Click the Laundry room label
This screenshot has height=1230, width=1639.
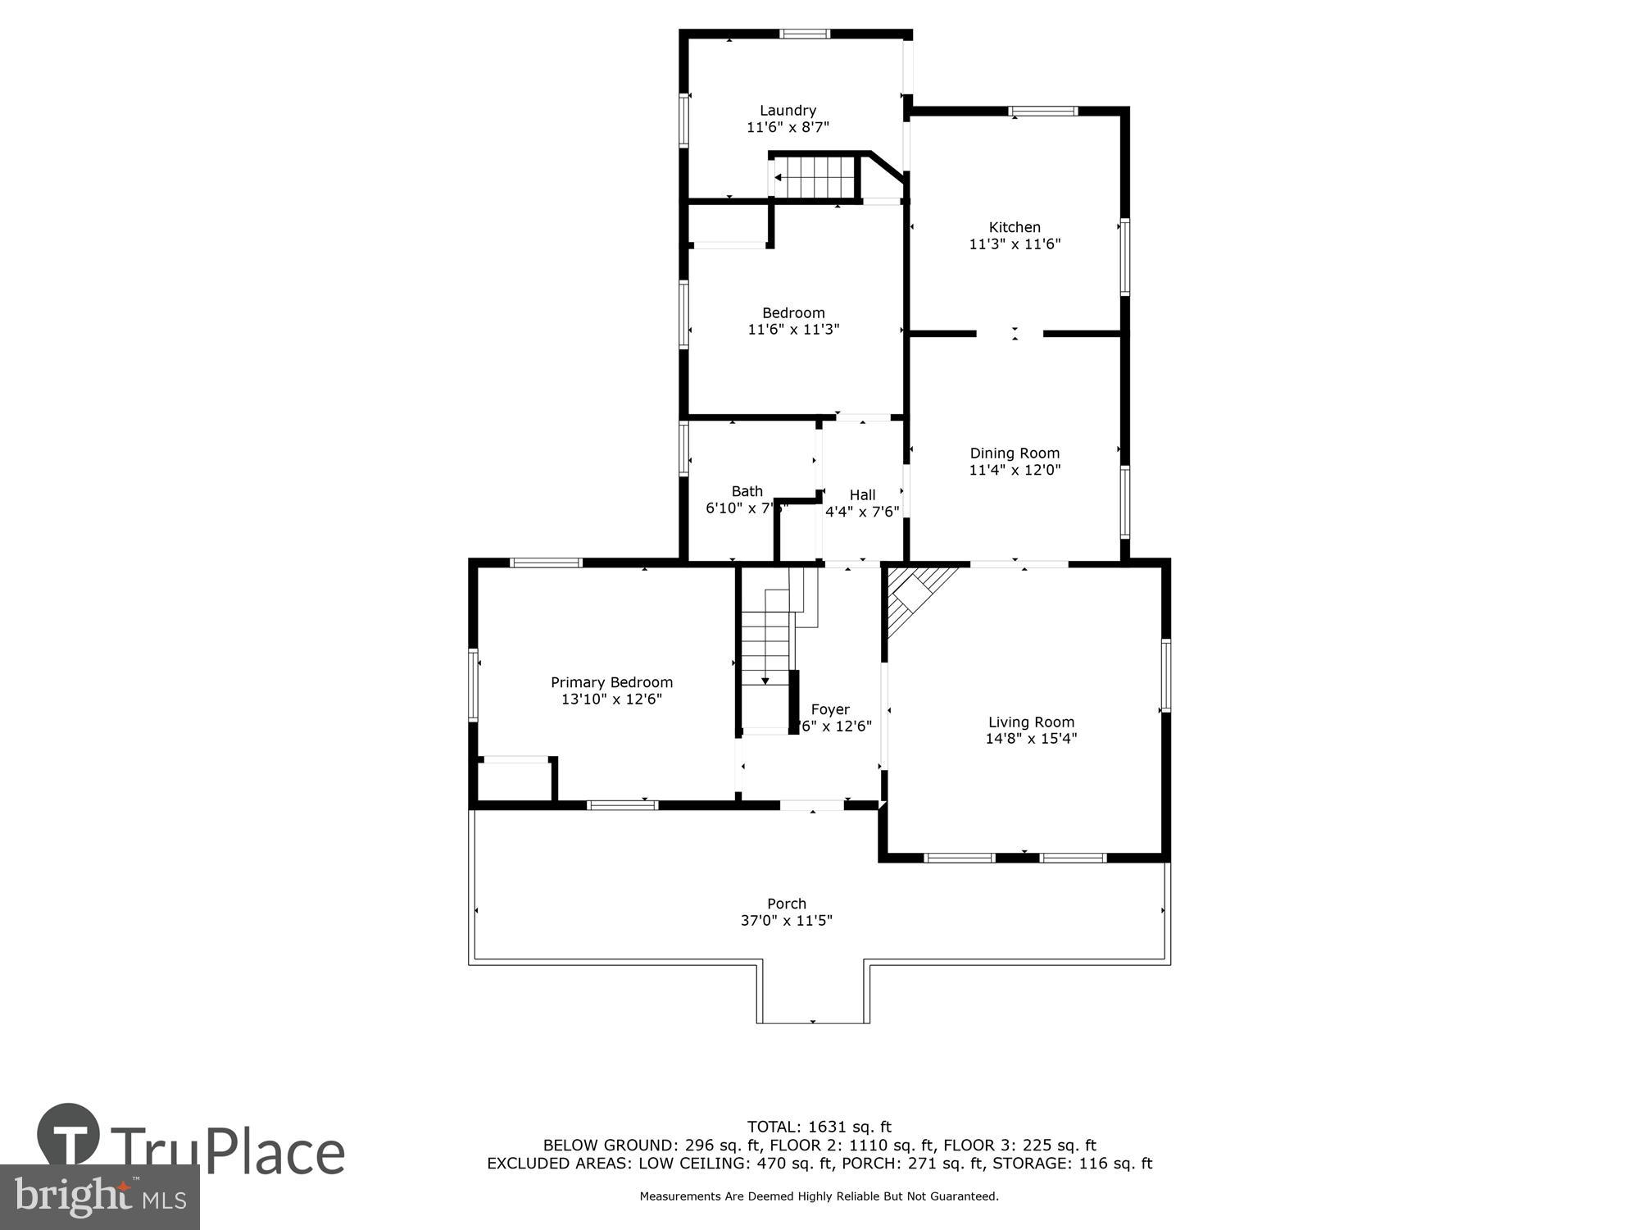[x=788, y=111]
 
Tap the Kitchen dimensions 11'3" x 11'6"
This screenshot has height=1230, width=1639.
[x=1015, y=244]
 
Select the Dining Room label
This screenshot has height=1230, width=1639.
[x=1015, y=453]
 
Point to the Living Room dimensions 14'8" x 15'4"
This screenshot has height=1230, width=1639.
[x=1031, y=739]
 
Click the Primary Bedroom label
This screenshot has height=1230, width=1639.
[x=611, y=682]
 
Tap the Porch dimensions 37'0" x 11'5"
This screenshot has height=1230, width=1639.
[x=786, y=921]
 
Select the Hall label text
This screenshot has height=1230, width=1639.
[x=862, y=495]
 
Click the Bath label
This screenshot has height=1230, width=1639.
[x=747, y=491]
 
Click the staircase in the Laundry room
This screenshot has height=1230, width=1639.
[x=815, y=176]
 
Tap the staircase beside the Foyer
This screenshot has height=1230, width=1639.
[x=766, y=648]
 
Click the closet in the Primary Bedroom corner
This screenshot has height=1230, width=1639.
[x=514, y=780]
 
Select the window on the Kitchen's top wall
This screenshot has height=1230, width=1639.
[x=1042, y=112]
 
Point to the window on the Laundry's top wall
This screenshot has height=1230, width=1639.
[x=804, y=34]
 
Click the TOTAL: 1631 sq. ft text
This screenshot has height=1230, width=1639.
[x=819, y=1127]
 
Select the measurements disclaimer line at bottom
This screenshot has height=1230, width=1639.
[x=819, y=1196]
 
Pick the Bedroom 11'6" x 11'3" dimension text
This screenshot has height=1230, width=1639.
[x=793, y=330]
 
